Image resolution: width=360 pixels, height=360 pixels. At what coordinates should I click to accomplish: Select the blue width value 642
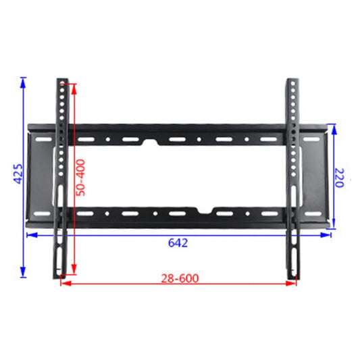(x=178, y=242)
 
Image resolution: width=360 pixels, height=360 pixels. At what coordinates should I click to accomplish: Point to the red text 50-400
(x=80, y=177)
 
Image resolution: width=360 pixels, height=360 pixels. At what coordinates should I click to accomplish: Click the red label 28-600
(x=180, y=277)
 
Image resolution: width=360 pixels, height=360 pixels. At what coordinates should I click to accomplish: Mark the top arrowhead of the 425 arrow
(x=23, y=82)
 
